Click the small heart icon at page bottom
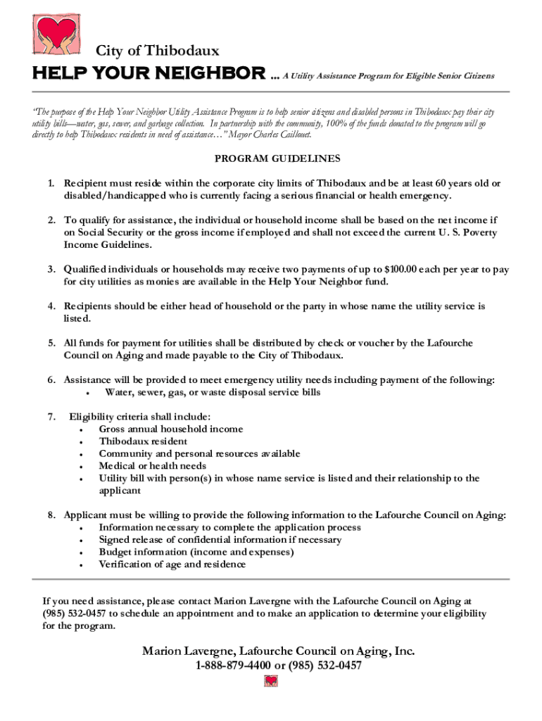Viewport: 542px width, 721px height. pos(271,681)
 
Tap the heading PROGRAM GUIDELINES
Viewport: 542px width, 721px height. pos(270,158)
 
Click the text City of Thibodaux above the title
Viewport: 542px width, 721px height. pos(158,51)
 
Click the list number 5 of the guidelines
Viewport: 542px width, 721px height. pos(52,343)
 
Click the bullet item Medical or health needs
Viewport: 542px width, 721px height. pos(153,466)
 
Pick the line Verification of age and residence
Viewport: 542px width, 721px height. pos(172,565)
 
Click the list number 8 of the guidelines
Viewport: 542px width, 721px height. pos(52,515)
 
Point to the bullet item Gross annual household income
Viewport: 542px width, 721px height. pos(171,429)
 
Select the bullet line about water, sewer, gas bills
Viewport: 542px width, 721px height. pos(213,392)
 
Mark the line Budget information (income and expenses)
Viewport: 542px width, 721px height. pos(196,552)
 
